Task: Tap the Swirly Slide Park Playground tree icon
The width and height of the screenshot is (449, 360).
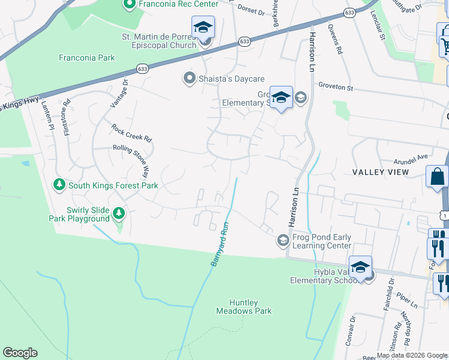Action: click(x=119, y=212)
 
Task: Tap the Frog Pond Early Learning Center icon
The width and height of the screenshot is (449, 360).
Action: click(x=283, y=241)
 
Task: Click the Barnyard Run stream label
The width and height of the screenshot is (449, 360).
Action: click(x=220, y=245)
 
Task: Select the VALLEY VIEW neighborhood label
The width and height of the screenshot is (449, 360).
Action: click(x=381, y=172)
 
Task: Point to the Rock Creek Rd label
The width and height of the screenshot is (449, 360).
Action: click(x=131, y=133)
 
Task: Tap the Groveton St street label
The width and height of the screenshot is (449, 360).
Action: click(x=336, y=87)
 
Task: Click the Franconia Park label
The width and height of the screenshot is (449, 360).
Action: click(x=86, y=58)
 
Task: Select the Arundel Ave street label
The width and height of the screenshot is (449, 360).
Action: click(x=411, y=157)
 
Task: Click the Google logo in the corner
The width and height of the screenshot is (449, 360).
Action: click(x=20, y=353)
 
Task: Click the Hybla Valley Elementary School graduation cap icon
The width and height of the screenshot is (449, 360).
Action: click(x=360, y=266)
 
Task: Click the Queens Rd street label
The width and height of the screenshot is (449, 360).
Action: click(x=335, y=40)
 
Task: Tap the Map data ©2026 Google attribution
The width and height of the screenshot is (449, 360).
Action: click(x=411, y=355)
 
